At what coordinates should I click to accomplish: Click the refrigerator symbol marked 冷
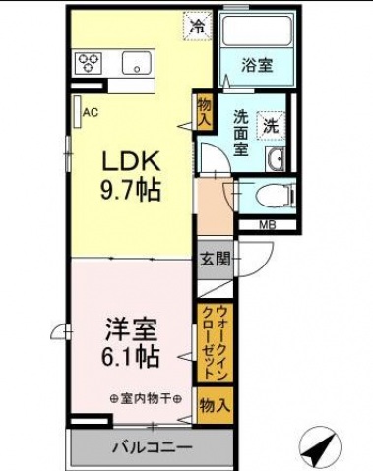(x=197, y=27)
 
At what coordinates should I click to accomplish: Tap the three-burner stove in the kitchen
(x=89, y=62)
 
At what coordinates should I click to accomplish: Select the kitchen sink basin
(x=137, y=62)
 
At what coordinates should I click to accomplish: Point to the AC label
(x=91, y=113)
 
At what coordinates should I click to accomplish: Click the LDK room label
(x=132, y=161)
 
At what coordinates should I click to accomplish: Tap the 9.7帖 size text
(x=131, y=190)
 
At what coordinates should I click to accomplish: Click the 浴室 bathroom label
(x=257, y=65)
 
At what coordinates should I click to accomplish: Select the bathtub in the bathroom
(x=257, y=30)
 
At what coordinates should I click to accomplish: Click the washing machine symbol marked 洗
(x=271, y=126)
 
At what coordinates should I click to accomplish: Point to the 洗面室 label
(x=241, y=134)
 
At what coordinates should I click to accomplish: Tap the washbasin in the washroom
(x=275, y=158)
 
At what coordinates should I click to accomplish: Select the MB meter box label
(x=268, y=225)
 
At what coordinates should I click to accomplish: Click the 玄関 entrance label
(x=216, y=260)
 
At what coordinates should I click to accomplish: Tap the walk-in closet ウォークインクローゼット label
(x=215, y=342)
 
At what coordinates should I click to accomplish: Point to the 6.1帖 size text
(x=131, y=357)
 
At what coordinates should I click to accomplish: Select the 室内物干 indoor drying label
(x=146, y=399)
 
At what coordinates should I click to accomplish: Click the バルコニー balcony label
(x=153, y=447)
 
